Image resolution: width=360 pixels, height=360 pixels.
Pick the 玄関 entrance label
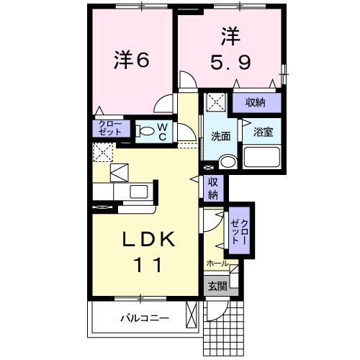pyautogui.click(x=217, y=286)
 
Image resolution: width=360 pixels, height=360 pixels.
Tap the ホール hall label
pyautogui.click(x=217, y=264)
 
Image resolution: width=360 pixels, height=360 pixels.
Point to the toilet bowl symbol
pyautogui.click(x=146, y=131)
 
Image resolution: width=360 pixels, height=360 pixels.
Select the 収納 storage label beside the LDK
pyautogui.click(x=214, y=188)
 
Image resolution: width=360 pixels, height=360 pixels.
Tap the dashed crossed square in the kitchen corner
pyautogui.click(x=103, y=152)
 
